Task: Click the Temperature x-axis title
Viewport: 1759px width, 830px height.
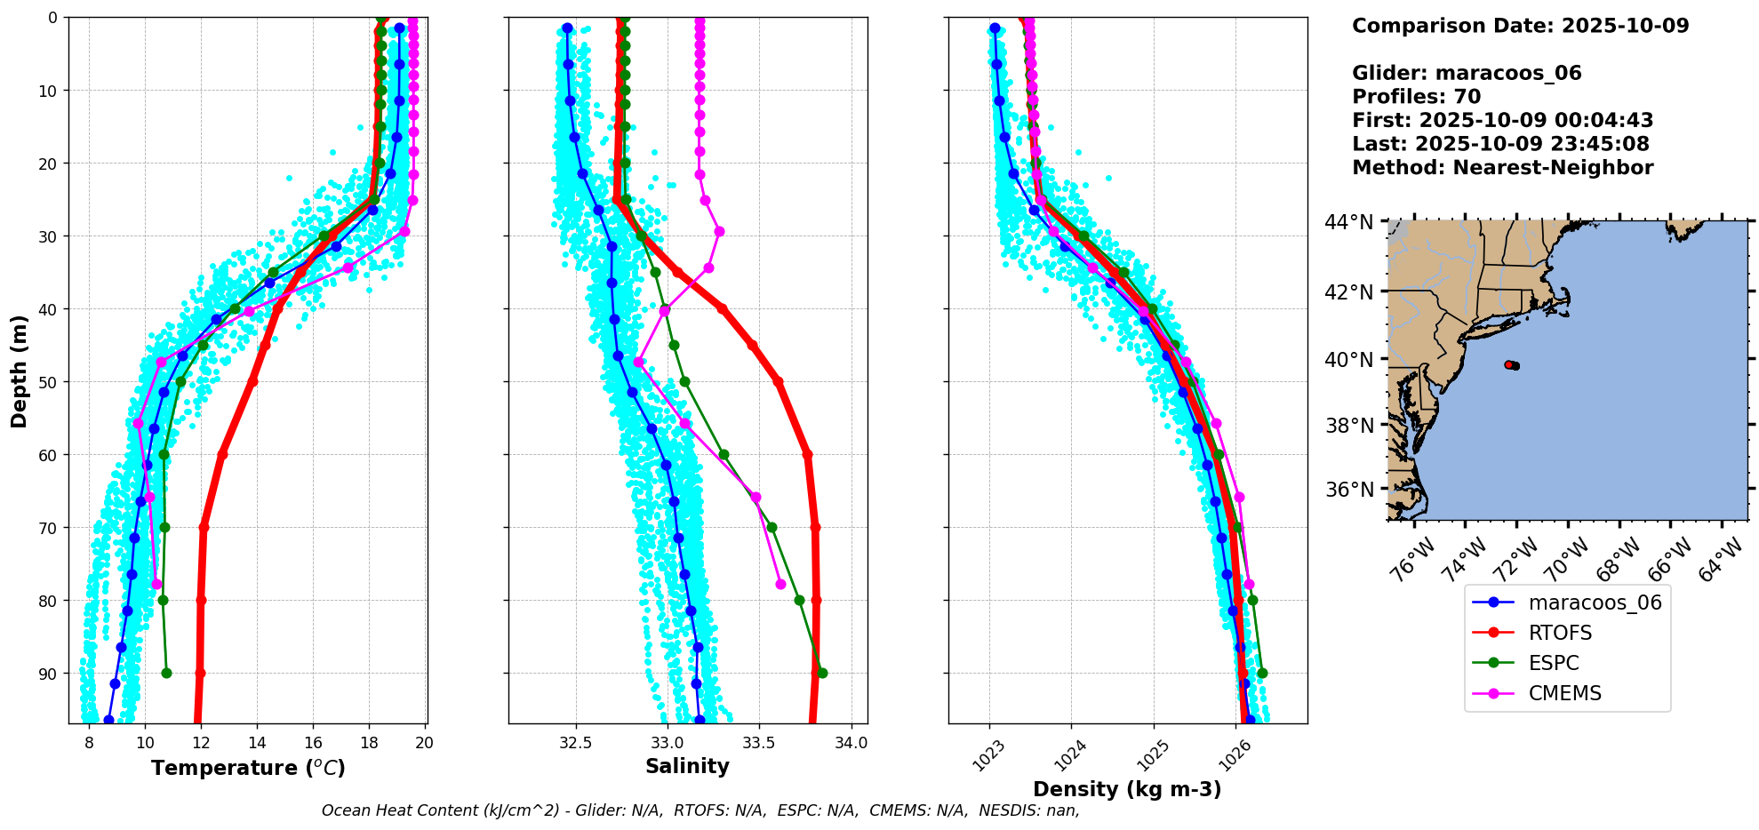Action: click(248, 768)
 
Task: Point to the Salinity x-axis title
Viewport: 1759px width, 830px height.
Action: click(687, 766)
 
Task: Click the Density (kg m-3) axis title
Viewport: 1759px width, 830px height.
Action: click(1127, 789)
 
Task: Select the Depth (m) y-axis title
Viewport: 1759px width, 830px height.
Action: click(20, 371)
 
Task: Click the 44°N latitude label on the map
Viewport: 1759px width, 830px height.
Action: click(1348, 222)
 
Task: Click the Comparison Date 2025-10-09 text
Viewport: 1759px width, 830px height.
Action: click(1520, 26)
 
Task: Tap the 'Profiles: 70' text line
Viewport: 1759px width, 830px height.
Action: click(1416, 97)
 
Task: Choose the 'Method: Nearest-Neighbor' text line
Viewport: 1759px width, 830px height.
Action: click(1502, 168)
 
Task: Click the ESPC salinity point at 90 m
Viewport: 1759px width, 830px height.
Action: click(822, 673)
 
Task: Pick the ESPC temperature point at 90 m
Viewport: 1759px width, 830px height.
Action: click(166, 673)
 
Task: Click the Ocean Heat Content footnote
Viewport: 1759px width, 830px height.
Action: click(700, 810)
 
